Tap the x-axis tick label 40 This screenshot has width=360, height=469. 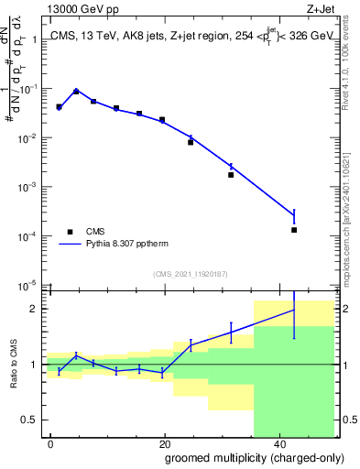click(278, 442)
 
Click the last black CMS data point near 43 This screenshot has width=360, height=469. click(294, 230)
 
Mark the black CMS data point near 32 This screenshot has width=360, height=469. click(231, 174)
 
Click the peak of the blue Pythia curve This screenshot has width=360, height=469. click(76, 91)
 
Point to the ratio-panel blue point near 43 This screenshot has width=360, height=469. click(294, 310)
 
